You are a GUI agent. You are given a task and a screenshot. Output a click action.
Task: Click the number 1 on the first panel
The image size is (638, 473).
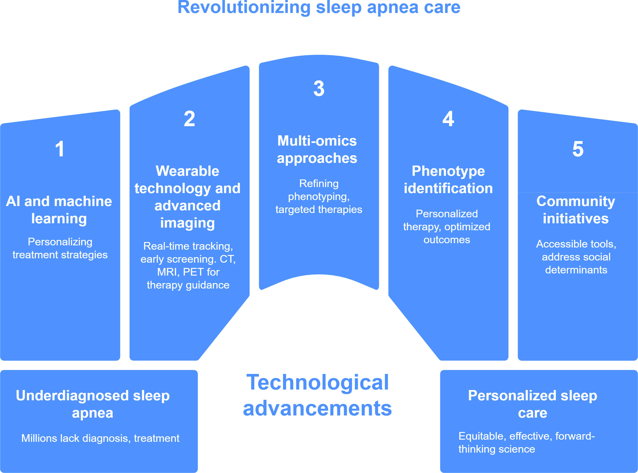[x=59, y=149]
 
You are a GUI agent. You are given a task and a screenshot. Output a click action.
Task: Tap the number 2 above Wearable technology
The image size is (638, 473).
[x=189, y=119]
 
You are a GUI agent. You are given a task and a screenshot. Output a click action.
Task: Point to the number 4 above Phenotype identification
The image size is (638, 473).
[x=448, y=119]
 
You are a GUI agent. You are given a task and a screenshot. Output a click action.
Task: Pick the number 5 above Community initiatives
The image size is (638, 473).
[x=578, y=149]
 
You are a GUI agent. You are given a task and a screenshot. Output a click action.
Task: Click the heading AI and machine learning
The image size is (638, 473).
[x=59, y=210]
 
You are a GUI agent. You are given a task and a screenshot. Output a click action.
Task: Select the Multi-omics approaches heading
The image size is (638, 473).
[x=317, y=149]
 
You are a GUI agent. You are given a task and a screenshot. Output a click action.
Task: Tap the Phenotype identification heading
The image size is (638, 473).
[x=448, y=180]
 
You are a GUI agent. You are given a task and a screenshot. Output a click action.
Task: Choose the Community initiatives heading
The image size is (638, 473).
[x=576, y=210]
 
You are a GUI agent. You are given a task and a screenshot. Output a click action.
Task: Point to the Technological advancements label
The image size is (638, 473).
[x=317, y=395]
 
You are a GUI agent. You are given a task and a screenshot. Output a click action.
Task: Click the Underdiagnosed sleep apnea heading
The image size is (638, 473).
[x=93, y=404]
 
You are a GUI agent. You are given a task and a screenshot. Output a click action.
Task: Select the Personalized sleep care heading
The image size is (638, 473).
[x=532, y=404]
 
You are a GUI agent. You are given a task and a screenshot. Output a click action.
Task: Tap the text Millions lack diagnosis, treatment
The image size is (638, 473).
[x=100, y=438]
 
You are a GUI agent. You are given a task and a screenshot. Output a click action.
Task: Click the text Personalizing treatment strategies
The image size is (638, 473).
[x=60, y=248]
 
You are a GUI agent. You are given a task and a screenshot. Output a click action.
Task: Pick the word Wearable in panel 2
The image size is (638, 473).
[x=187, y=171]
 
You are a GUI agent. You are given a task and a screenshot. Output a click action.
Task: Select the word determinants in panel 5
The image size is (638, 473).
[x=576, y=270]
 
